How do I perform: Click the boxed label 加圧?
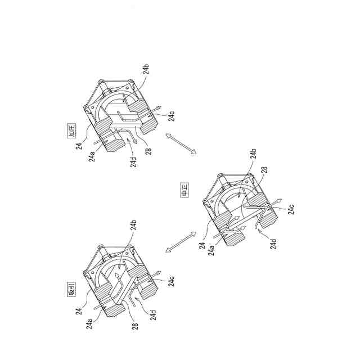[x=71, y=133]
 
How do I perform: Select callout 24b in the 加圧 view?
[x=146, y=70]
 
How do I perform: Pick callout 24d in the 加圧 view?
[x=134, y=162]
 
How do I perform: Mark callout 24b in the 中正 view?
[x=254, y=156]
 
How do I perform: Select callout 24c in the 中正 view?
[x=290, y=209]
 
